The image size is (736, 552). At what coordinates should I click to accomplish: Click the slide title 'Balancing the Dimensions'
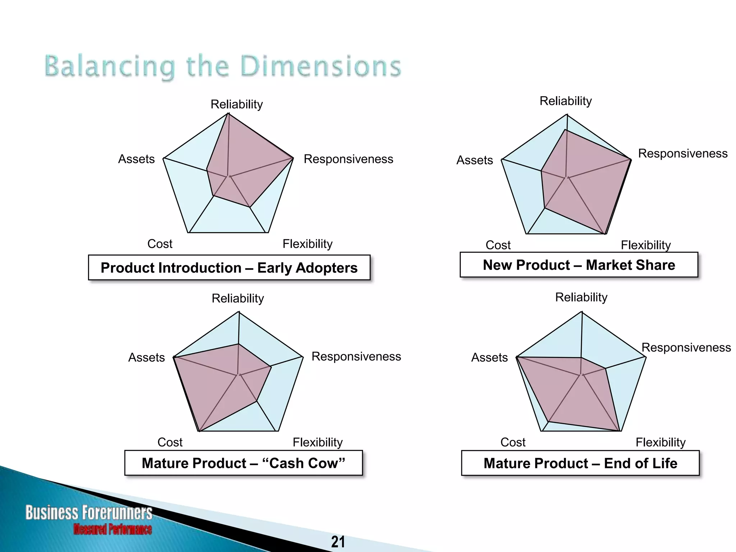click(223, 66)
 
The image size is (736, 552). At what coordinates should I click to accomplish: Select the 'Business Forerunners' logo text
click(89, 512)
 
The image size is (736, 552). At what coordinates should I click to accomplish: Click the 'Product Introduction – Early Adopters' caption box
click(229, 268)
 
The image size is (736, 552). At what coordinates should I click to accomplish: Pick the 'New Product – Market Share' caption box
click(579, 265)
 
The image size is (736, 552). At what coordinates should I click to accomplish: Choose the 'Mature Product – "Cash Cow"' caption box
click(243, 463)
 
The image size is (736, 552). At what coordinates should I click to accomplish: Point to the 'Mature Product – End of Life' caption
click(580, 463)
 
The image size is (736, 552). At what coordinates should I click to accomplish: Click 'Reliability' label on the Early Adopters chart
click(236, 104)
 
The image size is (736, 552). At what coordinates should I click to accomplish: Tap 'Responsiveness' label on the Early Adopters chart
click(348, 159)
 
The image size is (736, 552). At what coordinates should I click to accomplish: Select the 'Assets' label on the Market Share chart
click(474, 160)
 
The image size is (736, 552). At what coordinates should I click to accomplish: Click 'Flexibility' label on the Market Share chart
click(645, 245)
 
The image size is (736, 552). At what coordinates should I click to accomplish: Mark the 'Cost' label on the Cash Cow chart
click(170, 442)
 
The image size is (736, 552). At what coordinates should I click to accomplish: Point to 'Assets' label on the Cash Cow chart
click(146, 357)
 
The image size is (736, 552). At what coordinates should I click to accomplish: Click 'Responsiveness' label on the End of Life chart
click(686, 348)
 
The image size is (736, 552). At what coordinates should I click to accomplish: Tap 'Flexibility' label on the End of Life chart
click(660, 442)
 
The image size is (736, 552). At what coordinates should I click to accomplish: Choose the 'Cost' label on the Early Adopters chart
click(160, 244)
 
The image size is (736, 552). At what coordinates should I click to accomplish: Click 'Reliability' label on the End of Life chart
click(581, 297)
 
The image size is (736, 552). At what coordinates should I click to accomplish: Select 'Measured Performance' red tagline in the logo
click(112, 529)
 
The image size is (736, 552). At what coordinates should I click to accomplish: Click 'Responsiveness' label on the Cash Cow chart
click(356, 356)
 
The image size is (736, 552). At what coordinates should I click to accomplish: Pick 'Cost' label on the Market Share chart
click(498, 245)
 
